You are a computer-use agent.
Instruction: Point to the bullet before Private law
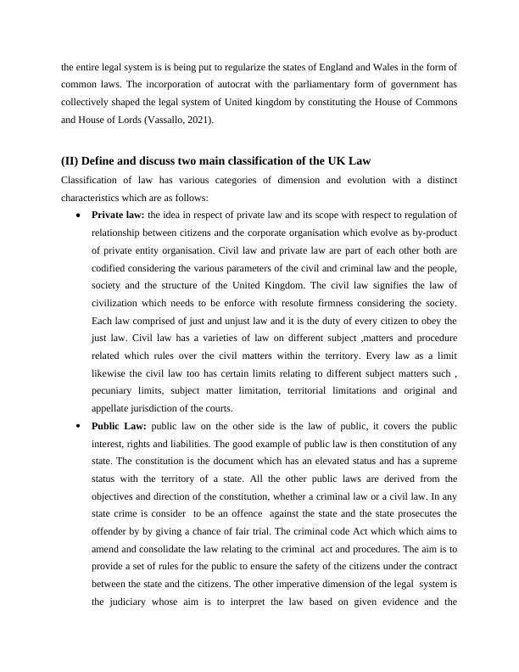point(78,216)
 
